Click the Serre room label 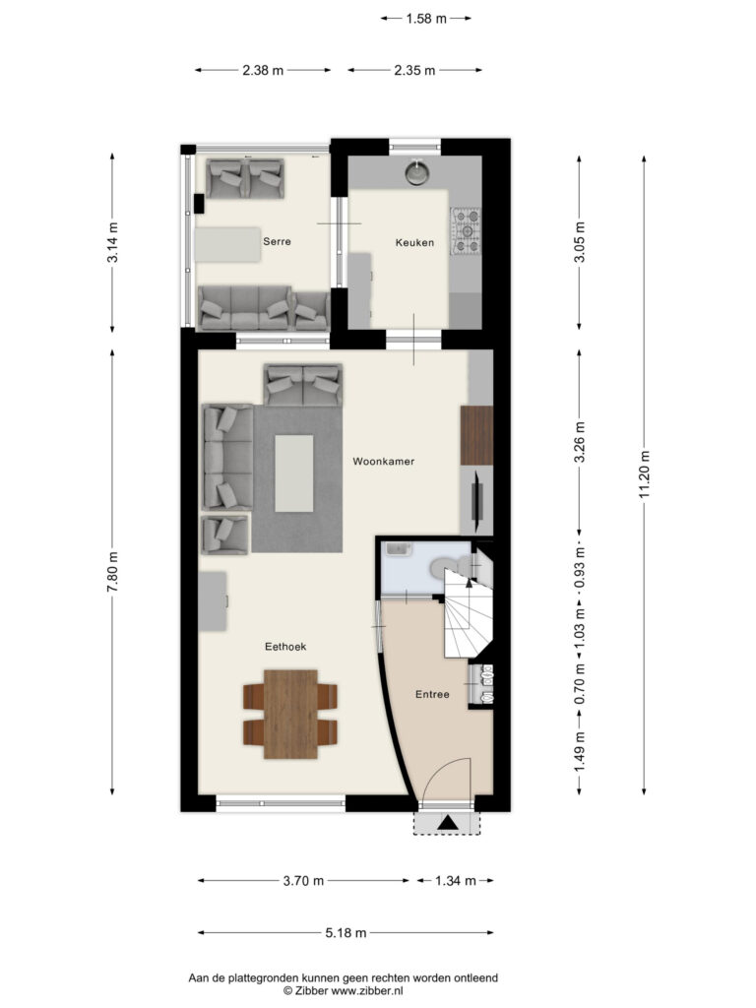[277, 242]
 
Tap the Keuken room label [414, 242]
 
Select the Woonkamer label [384, 461]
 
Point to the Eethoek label [285, 647]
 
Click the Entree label [432, 694]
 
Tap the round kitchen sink [417, 171]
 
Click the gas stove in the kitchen [466, 230]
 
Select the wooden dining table [290, 715]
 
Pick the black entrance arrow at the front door [448, 822]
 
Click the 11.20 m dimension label [644, 473]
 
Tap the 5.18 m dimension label [346, 933]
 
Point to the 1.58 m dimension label [425, 19]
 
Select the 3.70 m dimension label [303, 881]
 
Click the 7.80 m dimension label [112, 572]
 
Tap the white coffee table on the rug [294, 473]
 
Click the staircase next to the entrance [468, 617]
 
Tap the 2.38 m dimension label [263, 71]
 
